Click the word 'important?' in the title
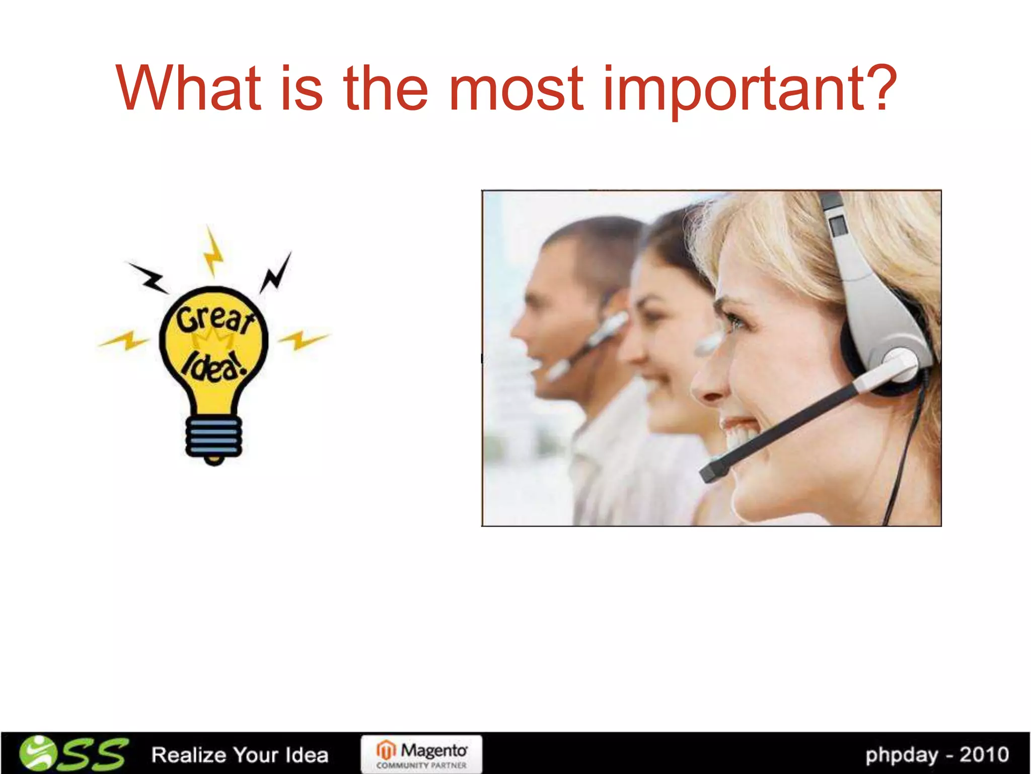pos(750,90)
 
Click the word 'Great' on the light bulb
pos(214,318)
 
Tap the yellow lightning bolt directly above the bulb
pos(213,252)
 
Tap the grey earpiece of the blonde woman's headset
pos(901,363)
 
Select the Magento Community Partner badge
pos(421,754)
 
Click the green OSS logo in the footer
pos(73,754)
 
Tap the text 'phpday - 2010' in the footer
pos(937,755)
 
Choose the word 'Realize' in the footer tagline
pos(189,755)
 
